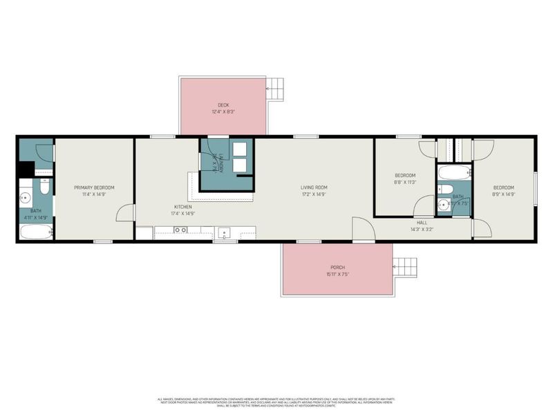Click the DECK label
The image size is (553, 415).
(223, 105)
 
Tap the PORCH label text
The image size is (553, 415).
(337, 268)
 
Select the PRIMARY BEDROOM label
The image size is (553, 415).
(94, 187)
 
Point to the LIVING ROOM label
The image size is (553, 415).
(313, 187)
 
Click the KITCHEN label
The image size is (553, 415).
(182, 207)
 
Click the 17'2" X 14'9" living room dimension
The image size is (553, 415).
(313, 194)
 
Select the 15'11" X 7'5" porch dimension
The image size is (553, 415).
(337, 275)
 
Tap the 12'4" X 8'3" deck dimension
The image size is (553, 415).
(223, 112)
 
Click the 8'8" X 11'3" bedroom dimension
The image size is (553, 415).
(405, 183)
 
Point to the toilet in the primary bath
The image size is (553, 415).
(43, 187)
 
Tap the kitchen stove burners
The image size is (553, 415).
(180, 230)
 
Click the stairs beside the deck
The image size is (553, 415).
(276, 87)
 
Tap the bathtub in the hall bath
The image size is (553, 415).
(453, 172)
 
